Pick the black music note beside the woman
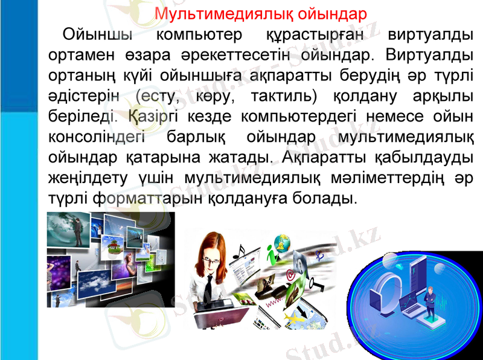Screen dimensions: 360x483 [241, 250]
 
